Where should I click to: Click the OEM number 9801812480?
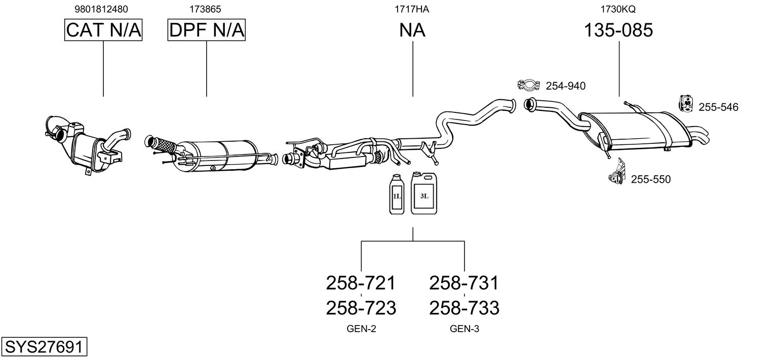click(101, 9)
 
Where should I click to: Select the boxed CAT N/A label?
click(103, 30)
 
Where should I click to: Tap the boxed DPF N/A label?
click(207, 30)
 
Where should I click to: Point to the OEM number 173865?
click(205, 9)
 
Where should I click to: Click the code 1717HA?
click(412, 9)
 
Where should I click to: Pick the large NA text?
click(412, 30)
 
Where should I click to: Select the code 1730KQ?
click(618, 9)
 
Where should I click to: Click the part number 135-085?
click(618, 30)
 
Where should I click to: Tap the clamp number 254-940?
click(566, 86)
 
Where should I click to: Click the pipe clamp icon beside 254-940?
click(529, 85)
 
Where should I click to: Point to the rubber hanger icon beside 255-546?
click(686, 103)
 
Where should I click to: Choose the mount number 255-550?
click(651, 179)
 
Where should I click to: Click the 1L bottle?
click(397, 194)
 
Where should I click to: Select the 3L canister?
click(424, 193)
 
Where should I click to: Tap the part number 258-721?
click(361, 283)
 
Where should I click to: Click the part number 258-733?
click(464, 308)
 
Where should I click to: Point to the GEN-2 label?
click(361, 329)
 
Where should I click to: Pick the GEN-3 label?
click(464, 329)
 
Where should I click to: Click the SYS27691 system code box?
click(44, 346)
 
